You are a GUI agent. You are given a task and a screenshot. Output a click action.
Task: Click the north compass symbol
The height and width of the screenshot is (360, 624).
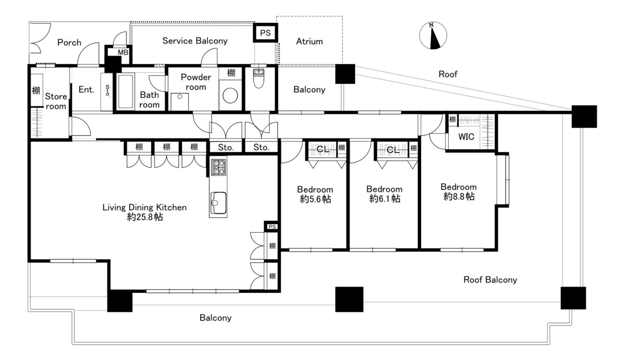click(x=433, y=36)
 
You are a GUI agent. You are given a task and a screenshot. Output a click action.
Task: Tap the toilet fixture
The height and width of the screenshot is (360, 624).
click(x=258, y=79)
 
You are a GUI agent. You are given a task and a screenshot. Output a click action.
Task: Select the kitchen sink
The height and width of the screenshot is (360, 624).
click(x=218, y=203)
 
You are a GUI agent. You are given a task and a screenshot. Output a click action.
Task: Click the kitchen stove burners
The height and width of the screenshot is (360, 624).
click(x=218, y=167)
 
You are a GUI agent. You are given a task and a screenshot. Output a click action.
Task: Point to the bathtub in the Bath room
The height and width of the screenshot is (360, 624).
click(x=125, y=91)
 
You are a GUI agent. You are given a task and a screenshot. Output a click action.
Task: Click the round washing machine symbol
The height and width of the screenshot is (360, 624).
click(x=230, y=96)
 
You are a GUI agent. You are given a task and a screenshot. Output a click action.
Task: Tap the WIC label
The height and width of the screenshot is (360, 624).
click(x=466, y=137)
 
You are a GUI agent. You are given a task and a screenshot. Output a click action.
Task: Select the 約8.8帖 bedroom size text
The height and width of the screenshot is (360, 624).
click(x=459, y=197)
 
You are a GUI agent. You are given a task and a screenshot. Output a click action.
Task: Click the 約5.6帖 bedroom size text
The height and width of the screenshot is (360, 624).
click(x=315, y=199)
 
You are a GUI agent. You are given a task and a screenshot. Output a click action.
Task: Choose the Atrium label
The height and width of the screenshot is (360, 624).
click(x=309, y=42)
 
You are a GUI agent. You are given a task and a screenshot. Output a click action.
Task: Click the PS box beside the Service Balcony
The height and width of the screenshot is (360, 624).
click(x=265, y=33)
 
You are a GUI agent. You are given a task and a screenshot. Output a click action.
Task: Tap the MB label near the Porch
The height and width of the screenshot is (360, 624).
click(x=123, y=53)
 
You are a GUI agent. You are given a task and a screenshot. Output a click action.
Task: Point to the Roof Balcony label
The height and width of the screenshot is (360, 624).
click(x=490, y=280)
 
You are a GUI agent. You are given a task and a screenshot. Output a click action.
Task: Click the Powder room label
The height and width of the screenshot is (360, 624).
click(x=196, y=82)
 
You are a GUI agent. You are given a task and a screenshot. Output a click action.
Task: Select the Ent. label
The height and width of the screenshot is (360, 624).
click(x=86, y=89)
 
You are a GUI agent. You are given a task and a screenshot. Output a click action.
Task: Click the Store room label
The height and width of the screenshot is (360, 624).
click(x=56, y=101)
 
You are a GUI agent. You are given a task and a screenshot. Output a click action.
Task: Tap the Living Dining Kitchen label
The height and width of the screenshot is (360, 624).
click(x=145, y=208)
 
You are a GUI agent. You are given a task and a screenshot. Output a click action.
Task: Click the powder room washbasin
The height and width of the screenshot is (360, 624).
click(x=180, y=101)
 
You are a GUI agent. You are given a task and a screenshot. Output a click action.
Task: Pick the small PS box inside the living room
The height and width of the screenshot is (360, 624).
click(x=272, y=227)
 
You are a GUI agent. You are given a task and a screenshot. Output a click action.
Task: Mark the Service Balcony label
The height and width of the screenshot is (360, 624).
click(x=195, y=41)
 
